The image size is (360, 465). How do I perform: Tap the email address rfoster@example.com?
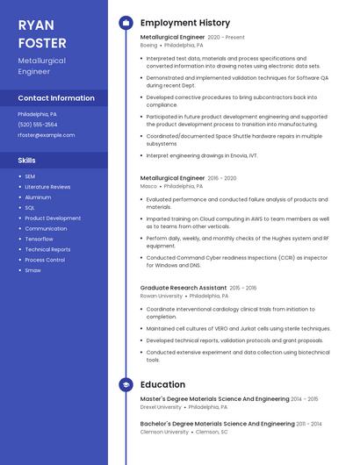tap(47, 135)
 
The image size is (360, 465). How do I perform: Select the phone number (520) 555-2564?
tap(38, 125)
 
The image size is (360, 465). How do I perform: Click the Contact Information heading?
tap(56, 98)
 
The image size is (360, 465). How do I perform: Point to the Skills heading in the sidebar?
tap(27, 161)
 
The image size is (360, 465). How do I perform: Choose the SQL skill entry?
tap(30, 208)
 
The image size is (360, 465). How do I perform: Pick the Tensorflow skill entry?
tap(39, 239)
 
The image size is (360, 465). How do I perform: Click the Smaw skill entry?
tap(32, 270)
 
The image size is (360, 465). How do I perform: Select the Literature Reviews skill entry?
tap(47, 187)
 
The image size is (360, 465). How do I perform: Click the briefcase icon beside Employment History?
tap(126, 23)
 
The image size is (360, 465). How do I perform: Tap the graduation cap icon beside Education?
tap(126, 384)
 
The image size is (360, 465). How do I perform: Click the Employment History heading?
tap(185, 23)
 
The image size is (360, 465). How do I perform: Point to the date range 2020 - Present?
tap(226, 38)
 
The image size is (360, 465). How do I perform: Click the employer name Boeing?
tap(148, 45)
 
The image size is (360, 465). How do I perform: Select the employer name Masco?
tap(148, 186)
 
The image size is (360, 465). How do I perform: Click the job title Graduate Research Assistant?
tap(184, 288)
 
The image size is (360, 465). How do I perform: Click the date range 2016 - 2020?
tap(222, 178)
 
